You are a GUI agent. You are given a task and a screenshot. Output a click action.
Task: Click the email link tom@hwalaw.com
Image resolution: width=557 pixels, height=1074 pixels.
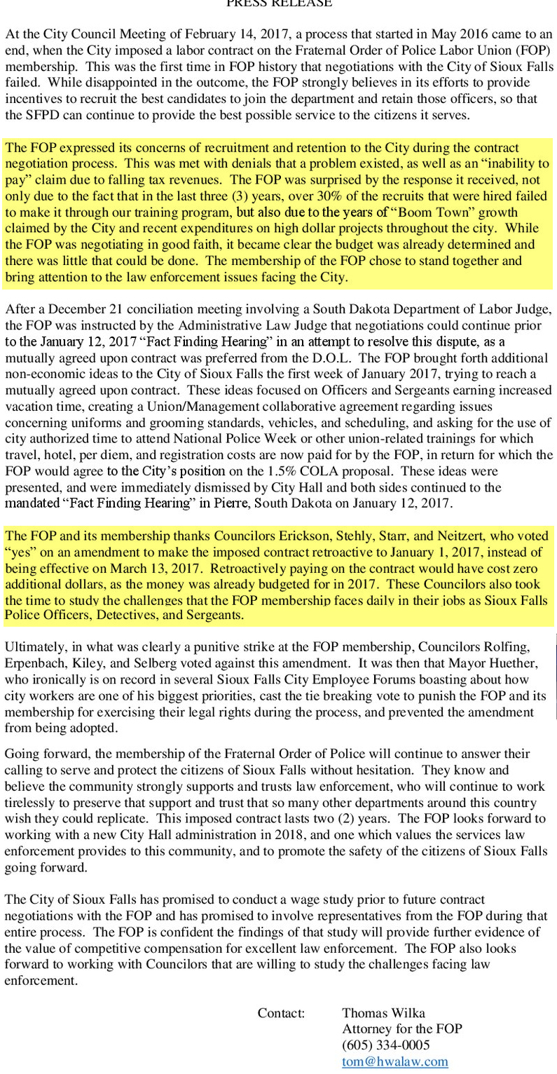[x=394, y=1061]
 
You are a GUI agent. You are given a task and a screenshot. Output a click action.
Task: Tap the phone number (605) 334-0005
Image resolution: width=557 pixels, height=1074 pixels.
[x=385, y=1045]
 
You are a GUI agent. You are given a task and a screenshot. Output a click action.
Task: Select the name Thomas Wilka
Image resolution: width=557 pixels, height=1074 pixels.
[x=383, y=1012]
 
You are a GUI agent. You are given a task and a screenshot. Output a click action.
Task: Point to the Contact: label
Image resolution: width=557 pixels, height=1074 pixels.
[x=281, y=1012]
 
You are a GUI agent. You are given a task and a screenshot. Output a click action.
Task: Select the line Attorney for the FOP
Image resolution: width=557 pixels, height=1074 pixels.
[x=401, y=1029]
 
